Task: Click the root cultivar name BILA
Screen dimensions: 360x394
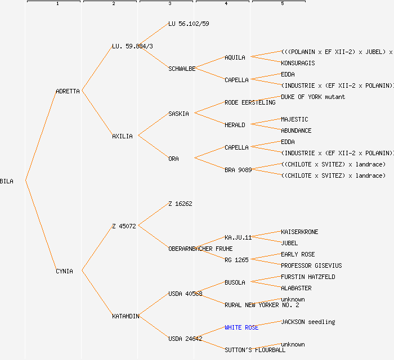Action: [x=7, y=181]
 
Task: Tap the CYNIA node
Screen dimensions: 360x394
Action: [x=64, y=271]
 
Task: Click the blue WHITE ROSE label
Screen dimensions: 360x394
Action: [x=241, y=327]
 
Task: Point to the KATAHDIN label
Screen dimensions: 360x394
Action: [x=126, y=316]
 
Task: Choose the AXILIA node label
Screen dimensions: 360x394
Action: [x=122, y=136]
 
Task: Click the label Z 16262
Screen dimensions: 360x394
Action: [x=180, y=204]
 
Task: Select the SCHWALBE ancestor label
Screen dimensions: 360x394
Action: [x=182, y=69]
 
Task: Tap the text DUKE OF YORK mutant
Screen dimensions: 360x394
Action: [x=313, y=97]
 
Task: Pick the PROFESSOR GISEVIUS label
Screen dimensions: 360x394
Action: [x=311, y=265]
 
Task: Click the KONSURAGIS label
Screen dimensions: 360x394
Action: [x=298, y=63]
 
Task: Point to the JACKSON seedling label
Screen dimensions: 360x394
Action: [x=308, y=322]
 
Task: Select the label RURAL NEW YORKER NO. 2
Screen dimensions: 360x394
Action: [x=262, y=305]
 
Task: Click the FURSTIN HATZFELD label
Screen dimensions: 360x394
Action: [x=308, y=277]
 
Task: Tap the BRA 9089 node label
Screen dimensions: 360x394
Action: [x=238, y=170]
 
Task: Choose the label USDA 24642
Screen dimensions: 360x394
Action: [x=185, y=339]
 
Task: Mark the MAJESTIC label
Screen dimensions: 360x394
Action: [x=294, y=119]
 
